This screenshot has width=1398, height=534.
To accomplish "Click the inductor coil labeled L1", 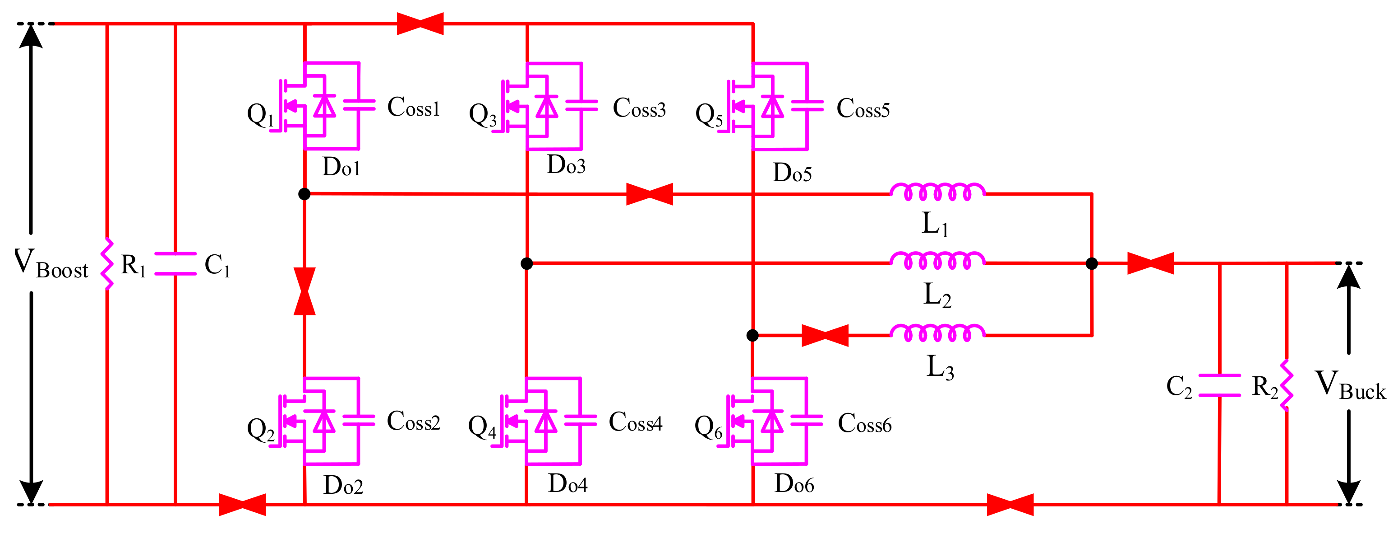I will tap(937, 192).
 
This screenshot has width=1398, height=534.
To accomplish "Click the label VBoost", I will tap(51, 264).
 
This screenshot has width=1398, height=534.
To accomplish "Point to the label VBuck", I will tap(1350, 385).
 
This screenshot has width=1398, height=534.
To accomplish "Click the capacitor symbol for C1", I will tap(175, 264).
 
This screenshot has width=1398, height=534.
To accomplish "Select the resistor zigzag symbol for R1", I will tap(107, 264).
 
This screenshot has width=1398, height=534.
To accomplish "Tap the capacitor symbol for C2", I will tap(1219, 386).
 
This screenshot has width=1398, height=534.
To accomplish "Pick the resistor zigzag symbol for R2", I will tap(1286, 385).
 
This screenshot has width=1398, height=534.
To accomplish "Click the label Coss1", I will tap(413, 108).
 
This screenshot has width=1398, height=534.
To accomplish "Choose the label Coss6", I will tap(864, 424).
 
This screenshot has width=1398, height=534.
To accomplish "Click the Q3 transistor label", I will tap(482, 115).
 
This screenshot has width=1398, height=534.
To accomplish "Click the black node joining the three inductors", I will tap(1092, 264).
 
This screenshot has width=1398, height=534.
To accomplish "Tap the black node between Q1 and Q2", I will tap(305, 194).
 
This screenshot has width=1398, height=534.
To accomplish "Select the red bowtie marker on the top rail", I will tap(420, 24).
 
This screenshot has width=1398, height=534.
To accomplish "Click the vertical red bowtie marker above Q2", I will tap(305, 291).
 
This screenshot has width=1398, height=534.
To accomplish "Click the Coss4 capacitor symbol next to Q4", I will tap(581, 421).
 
